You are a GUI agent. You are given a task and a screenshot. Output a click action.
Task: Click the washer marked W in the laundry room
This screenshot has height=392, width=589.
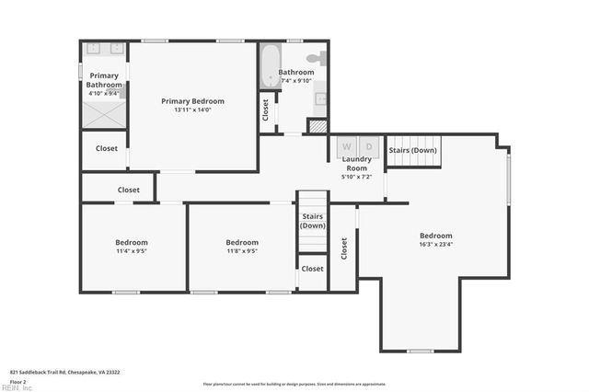click(347, 146)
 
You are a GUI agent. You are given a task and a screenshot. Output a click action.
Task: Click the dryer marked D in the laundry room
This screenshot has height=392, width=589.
click(369, 146)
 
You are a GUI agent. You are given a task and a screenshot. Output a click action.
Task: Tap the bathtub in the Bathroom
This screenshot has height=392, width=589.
click(269, 66)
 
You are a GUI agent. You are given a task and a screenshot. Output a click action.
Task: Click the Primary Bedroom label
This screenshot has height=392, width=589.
click(192, 101)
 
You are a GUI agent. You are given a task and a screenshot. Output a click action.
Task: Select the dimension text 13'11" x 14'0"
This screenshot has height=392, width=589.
click(192, 110)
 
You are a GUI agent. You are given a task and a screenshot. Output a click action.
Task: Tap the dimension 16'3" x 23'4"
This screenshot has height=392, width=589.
click(436, 246)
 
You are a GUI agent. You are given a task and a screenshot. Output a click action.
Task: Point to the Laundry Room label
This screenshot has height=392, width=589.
click(356, 164)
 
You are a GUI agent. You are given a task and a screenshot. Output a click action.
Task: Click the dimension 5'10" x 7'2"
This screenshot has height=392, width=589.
click(356, 177)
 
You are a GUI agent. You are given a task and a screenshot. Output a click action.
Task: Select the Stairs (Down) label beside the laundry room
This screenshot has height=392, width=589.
click(411, 150)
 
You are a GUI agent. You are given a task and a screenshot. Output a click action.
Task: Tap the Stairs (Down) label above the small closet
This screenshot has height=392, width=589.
click(313, 221)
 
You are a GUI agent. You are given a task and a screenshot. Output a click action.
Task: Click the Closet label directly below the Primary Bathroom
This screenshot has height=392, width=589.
click(107, 148)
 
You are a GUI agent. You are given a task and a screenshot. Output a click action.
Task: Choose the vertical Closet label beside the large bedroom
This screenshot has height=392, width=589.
click(344, 248)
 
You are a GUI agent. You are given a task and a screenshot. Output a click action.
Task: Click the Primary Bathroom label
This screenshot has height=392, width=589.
click(104, 80)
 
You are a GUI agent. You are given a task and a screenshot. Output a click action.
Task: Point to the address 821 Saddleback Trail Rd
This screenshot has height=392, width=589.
click(64, 372)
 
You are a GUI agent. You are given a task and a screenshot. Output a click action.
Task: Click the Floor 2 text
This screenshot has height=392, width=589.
click(18, 381)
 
